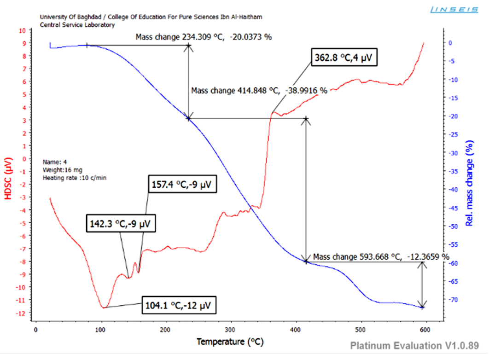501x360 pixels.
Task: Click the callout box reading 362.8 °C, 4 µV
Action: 344,58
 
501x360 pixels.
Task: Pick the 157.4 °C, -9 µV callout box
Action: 183,185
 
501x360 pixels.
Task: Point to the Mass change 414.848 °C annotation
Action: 259,90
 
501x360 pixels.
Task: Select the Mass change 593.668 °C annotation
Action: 381,257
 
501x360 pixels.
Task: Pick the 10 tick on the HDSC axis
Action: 23,30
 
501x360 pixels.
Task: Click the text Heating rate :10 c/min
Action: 74,177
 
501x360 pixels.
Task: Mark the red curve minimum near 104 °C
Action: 104,307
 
